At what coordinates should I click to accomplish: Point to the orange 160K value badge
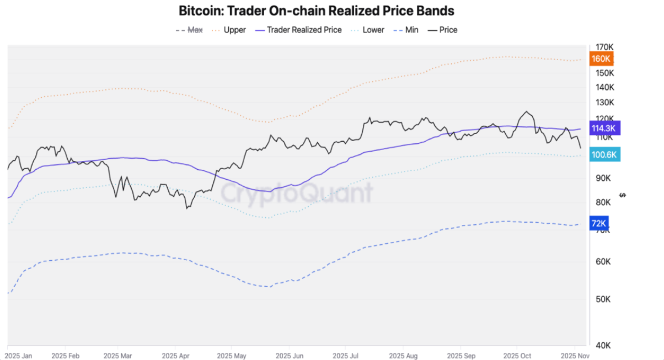coord(601,58)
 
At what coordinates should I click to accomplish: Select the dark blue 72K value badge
coord(598,223)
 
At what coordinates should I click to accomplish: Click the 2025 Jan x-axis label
coord(19,356)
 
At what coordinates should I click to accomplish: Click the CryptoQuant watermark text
coord(297,193)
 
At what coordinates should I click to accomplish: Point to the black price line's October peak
coord(527,111)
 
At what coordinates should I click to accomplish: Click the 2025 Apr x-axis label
coord(176,356)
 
